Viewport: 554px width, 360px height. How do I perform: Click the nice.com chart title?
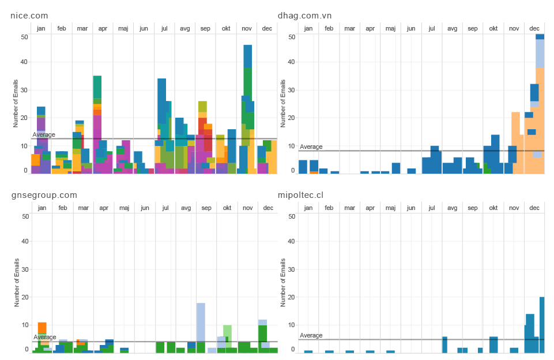tap(29, 16)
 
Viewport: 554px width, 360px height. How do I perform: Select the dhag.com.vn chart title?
tap(304, 16)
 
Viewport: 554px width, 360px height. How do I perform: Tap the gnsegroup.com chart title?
tap(44, 195)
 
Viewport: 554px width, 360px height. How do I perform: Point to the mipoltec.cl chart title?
tap(300, 195)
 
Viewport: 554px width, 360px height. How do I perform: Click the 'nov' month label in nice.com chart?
tap(247, 28)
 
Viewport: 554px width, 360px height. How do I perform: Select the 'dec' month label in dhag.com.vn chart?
tap(534, 28)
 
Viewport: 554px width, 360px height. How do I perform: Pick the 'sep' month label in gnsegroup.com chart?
tap(206, 208)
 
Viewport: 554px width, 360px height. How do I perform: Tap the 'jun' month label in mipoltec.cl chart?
tap(411, 208)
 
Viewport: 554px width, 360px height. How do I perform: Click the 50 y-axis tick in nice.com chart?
tap(24, 36)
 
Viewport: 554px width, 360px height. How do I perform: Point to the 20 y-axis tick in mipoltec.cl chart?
tap(292, 297)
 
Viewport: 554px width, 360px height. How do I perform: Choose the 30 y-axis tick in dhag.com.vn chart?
tap(292, 90)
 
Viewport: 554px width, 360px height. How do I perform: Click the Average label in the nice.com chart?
tap(44, 135)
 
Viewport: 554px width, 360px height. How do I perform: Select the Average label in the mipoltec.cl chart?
tap(311, 336)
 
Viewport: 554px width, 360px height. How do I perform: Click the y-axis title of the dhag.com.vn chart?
tap(283, 103)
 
